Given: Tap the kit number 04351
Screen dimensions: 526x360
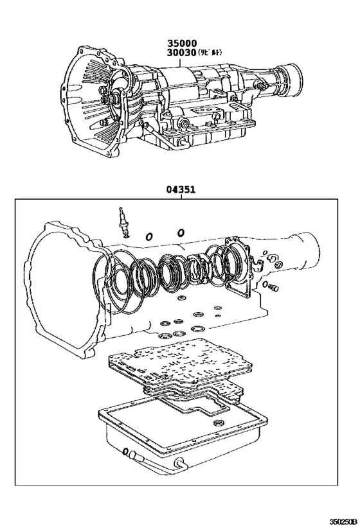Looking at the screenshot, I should click(x=181, y=189).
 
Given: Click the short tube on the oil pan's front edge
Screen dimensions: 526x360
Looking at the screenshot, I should click(x=133, y=457).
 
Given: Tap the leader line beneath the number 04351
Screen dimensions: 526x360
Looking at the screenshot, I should click(x=181, y=196).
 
